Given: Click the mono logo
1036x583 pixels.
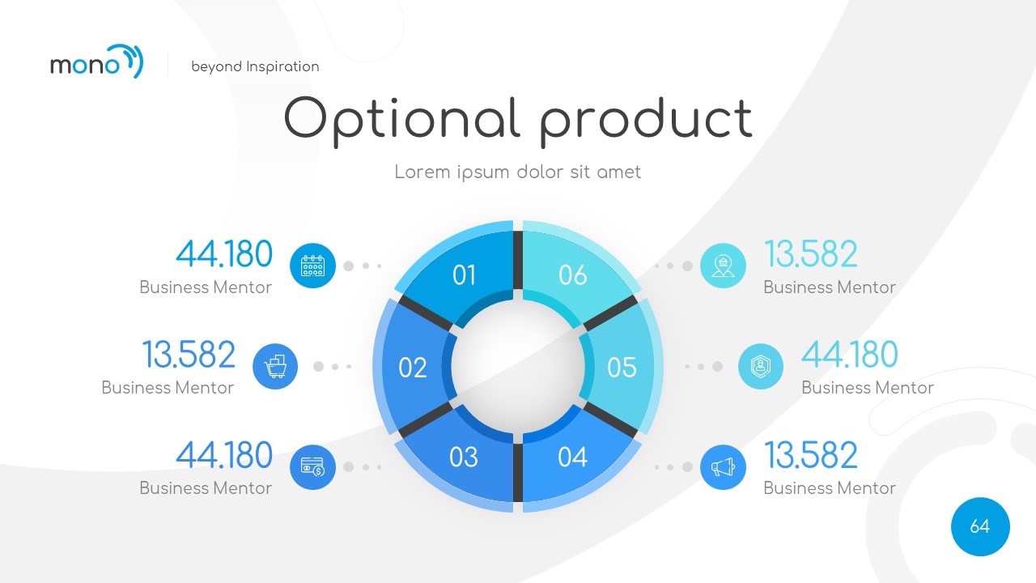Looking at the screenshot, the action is point(96,62).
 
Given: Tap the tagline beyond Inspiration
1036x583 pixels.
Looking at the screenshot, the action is point(255,66).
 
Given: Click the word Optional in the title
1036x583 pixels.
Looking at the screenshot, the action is point(401,118).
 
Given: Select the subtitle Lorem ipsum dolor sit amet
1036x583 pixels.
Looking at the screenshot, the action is point(517,172).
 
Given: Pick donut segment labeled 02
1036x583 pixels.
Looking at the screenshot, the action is point(412,367).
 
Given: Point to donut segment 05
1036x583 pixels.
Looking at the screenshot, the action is point(623,367).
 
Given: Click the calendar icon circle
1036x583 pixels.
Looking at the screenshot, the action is point(312,266).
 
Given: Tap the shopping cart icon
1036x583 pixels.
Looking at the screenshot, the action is point(275,367).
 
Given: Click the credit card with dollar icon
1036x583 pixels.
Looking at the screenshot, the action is point(312,467).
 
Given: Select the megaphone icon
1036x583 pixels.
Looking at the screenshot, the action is point(723,467).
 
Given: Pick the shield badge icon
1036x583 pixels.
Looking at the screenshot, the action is point(761,367).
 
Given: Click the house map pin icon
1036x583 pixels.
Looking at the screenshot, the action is point(723,266).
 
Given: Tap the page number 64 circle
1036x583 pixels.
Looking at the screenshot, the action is point(980,526).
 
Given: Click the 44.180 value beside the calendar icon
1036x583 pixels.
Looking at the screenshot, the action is point(224,254).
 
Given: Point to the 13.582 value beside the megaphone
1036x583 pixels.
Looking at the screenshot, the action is point(811,455).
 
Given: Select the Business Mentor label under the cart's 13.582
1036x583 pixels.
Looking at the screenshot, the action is point(168,388).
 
